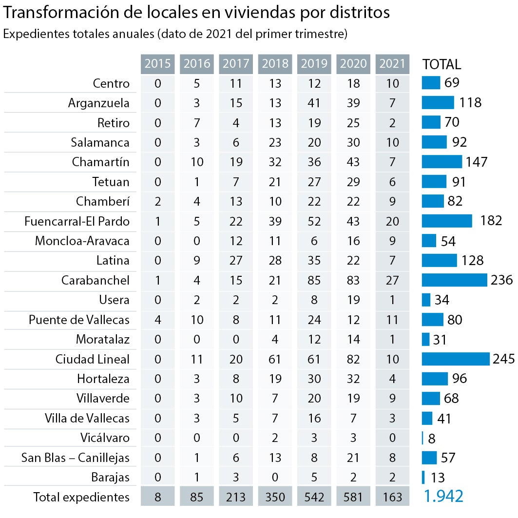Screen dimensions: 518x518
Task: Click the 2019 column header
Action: pos(314,63)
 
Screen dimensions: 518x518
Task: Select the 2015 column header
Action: pos(157,63)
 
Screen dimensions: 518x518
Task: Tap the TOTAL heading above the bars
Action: pos(441,64)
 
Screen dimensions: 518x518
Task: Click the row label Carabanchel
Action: pos(96,280)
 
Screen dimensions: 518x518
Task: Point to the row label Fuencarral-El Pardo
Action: pos(77,221)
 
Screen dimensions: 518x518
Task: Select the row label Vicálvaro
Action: pos(105,438)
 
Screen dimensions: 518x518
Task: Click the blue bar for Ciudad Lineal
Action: pos(455,359)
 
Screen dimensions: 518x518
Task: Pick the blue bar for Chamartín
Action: pos(441,162)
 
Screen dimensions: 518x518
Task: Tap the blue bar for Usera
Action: pos(426,300)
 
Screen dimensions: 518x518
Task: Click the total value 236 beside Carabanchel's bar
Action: pos(502,280)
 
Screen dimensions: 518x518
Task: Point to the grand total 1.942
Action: pos(443,496)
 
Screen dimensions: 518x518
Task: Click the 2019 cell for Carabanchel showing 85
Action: pos(314,280)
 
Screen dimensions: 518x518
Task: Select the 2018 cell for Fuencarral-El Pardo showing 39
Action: pos(275,221)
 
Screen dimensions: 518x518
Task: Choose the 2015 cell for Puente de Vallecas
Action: pos(157,320)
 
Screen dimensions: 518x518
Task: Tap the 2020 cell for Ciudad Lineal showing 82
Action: pos(353,359)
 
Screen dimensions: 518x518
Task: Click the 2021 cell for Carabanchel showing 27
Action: pos(392,280)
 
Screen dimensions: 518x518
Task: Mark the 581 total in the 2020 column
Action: pos(353,497)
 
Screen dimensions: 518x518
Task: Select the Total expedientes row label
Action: pos(81,497)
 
